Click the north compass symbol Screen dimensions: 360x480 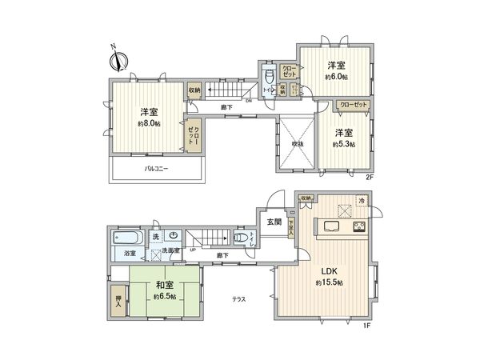pos(118,58)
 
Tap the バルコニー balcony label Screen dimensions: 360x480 pos(156,169)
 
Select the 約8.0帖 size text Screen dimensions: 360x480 pos(150,124)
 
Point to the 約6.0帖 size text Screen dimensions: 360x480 pos(336,77)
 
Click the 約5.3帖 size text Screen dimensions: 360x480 pos(345,144)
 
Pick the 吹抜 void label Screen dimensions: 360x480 pos(296,144)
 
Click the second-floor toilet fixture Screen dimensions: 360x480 pos(270,78)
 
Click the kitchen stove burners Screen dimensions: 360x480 pos(358,227)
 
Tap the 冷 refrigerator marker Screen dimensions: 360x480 pos(361,200)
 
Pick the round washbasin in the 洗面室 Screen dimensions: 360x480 pos(173,236)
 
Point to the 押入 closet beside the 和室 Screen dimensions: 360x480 pos(118,302)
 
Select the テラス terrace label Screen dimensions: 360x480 pos(238,299)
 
